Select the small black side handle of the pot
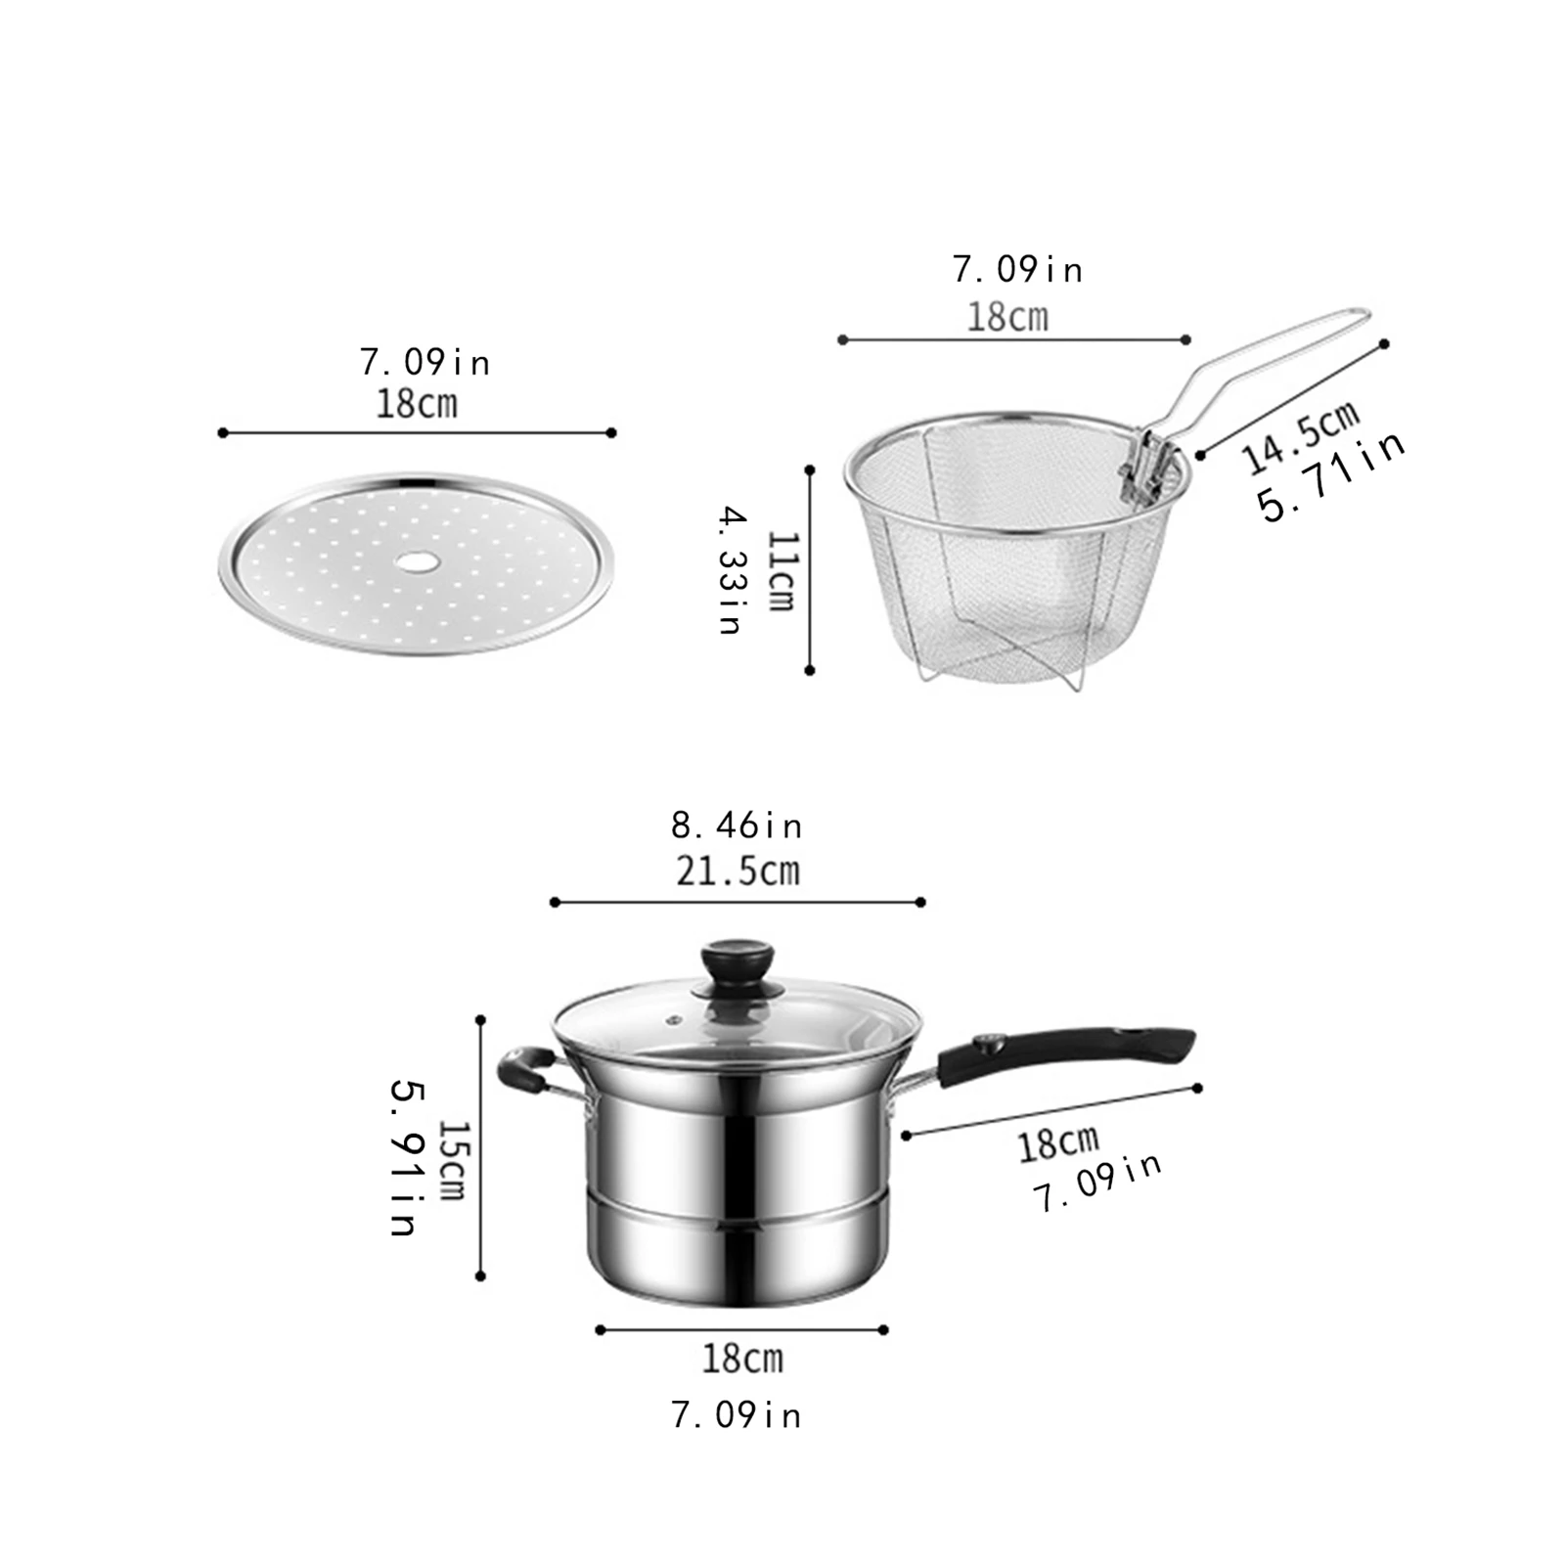pyautogui.click(x=523, y=1069)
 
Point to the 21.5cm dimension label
pyautogui.click(x=738, y=871)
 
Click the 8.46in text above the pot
pyautogui.click(x=737, y=827)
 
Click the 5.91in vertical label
pyautogui.click(x=404, y=1158)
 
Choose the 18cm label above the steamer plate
pyautogui.click(x=417, y=404)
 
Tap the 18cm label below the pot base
pyautogui.click(x=742, y=1359)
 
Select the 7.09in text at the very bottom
pyautogui.click(x=737, y=1415)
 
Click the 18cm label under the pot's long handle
pyautogui.click(x=1058, y=1143)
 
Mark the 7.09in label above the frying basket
pyautogui.click(x=1017, y=269)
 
